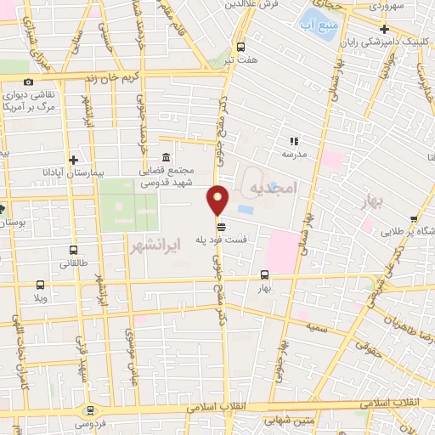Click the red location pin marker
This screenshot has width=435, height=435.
[217, 200]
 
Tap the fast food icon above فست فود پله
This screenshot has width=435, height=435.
[222, 226]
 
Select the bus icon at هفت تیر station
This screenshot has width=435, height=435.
[241, 47]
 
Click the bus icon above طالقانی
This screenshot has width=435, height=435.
[74, 251]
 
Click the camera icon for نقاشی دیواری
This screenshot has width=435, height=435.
[28, 82]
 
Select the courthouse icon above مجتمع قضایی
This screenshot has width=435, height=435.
[164, 158]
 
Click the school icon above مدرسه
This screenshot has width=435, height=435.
[294, 142]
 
